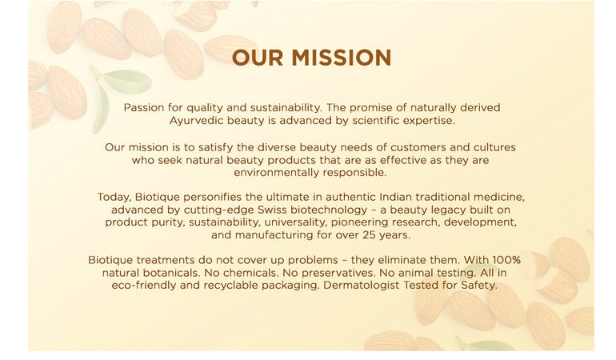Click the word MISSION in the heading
pyautogui.click(x=341, y=58)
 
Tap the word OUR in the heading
pyautogui.click(x=258, y=58)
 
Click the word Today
pyautogui.click(x=114, y=197)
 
